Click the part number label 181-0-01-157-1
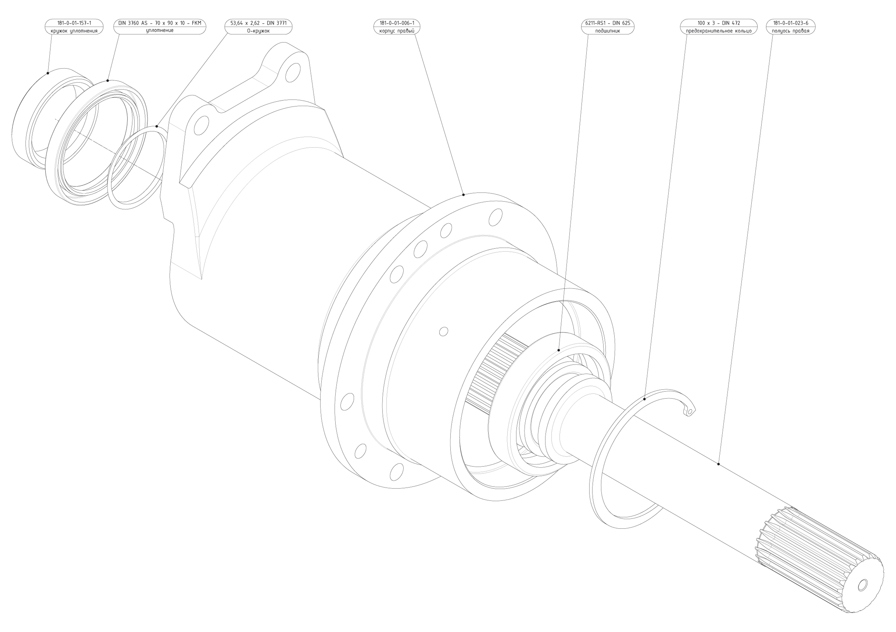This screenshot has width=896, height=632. point(74,23)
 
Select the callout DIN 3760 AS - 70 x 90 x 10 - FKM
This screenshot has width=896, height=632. point(160,23)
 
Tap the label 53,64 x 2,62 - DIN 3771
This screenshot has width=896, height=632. point(258,23)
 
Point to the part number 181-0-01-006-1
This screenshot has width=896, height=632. point(397,23)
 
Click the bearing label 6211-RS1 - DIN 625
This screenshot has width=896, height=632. point(608,23)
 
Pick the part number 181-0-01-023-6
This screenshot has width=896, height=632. point(791,23)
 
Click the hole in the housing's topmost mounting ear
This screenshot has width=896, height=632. point(293,73)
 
